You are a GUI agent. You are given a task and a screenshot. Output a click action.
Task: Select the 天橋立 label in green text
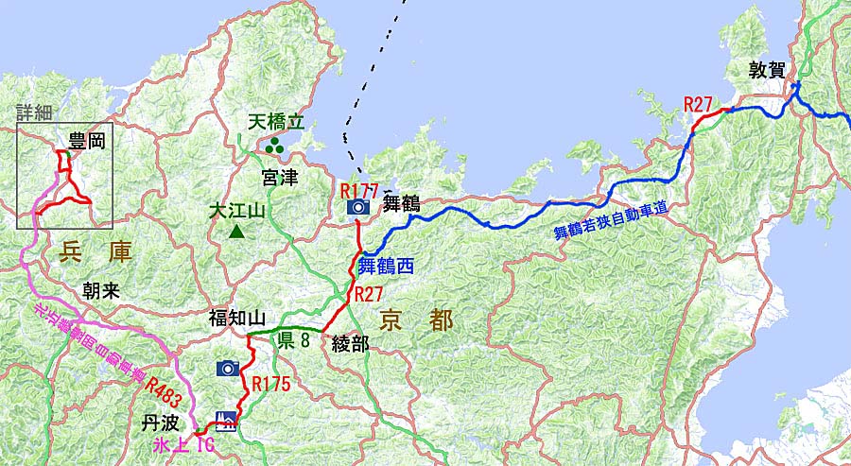coord(277,123)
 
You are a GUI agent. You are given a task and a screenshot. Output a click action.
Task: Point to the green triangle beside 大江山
coord(235,231)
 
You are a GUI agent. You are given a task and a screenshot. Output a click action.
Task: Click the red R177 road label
coord(358,191)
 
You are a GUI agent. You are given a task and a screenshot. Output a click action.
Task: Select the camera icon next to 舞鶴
coord(358,206)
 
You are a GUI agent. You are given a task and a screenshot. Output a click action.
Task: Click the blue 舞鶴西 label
coord(386,266)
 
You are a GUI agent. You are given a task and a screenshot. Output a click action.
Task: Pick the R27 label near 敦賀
coord(698,104)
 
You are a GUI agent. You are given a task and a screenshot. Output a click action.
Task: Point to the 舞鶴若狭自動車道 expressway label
coord(609,222)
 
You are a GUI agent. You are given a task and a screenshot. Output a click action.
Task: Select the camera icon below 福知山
coord(227,368)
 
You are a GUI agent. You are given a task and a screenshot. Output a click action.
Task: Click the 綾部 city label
coord(350,343)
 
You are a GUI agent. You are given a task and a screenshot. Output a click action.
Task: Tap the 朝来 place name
coord(101,291)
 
